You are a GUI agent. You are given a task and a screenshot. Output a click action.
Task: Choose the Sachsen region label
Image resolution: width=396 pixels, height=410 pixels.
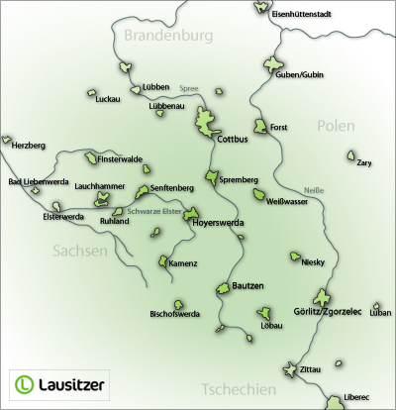pyautogui.click(x=79, y=252)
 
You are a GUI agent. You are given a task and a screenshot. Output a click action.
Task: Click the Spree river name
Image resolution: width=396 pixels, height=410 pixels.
pyautogui.click(x=188, y=89)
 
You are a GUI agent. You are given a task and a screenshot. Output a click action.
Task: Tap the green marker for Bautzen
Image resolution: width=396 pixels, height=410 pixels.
pyautogui.click(x=224, y=289)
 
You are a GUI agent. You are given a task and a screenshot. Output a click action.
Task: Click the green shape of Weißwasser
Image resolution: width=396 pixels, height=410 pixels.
pyautogui.click(x=260, y=195)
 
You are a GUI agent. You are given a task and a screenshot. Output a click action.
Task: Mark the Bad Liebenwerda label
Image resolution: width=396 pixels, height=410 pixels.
pyautogui.click(x=37, y=181)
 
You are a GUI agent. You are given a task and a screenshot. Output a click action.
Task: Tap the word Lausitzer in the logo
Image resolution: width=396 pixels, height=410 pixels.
pyautogui.click(x=74, y=382)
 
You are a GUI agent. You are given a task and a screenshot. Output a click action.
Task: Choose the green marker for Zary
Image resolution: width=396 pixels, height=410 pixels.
pyautogui.click(x=351, y=155)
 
